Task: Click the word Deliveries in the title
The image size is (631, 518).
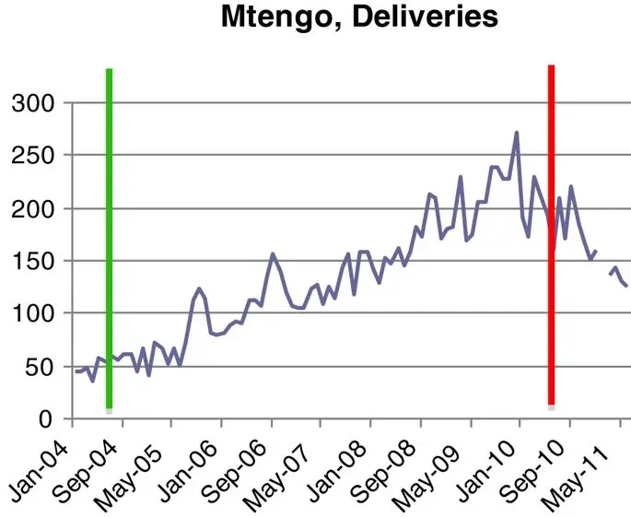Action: point(424,17)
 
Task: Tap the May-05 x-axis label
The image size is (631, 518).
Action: point(138,465)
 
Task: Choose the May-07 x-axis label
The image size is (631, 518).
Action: point(291,465)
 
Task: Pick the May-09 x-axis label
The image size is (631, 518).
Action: point(439,465)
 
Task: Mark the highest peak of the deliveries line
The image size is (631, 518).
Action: point(516,133)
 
